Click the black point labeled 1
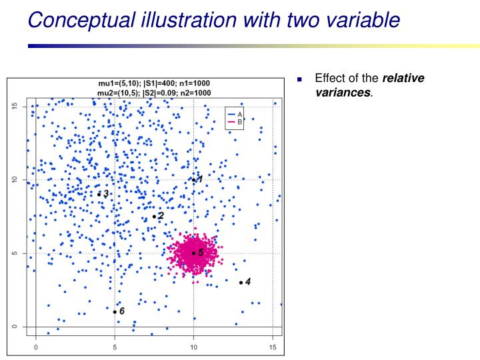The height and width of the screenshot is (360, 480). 193,180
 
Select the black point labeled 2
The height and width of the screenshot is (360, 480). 154,216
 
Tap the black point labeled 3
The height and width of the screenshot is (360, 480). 99,194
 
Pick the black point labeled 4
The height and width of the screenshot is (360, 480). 241,283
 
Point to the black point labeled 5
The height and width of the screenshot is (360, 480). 193,253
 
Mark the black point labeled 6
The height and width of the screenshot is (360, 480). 115,312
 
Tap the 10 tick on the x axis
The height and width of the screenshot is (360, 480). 193,347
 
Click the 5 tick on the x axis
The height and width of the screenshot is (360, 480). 115,347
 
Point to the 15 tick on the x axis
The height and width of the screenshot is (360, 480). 272,347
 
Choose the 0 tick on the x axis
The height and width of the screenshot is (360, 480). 36,347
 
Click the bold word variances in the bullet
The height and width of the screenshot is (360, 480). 343,91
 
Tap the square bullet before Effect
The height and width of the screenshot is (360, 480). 300,79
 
